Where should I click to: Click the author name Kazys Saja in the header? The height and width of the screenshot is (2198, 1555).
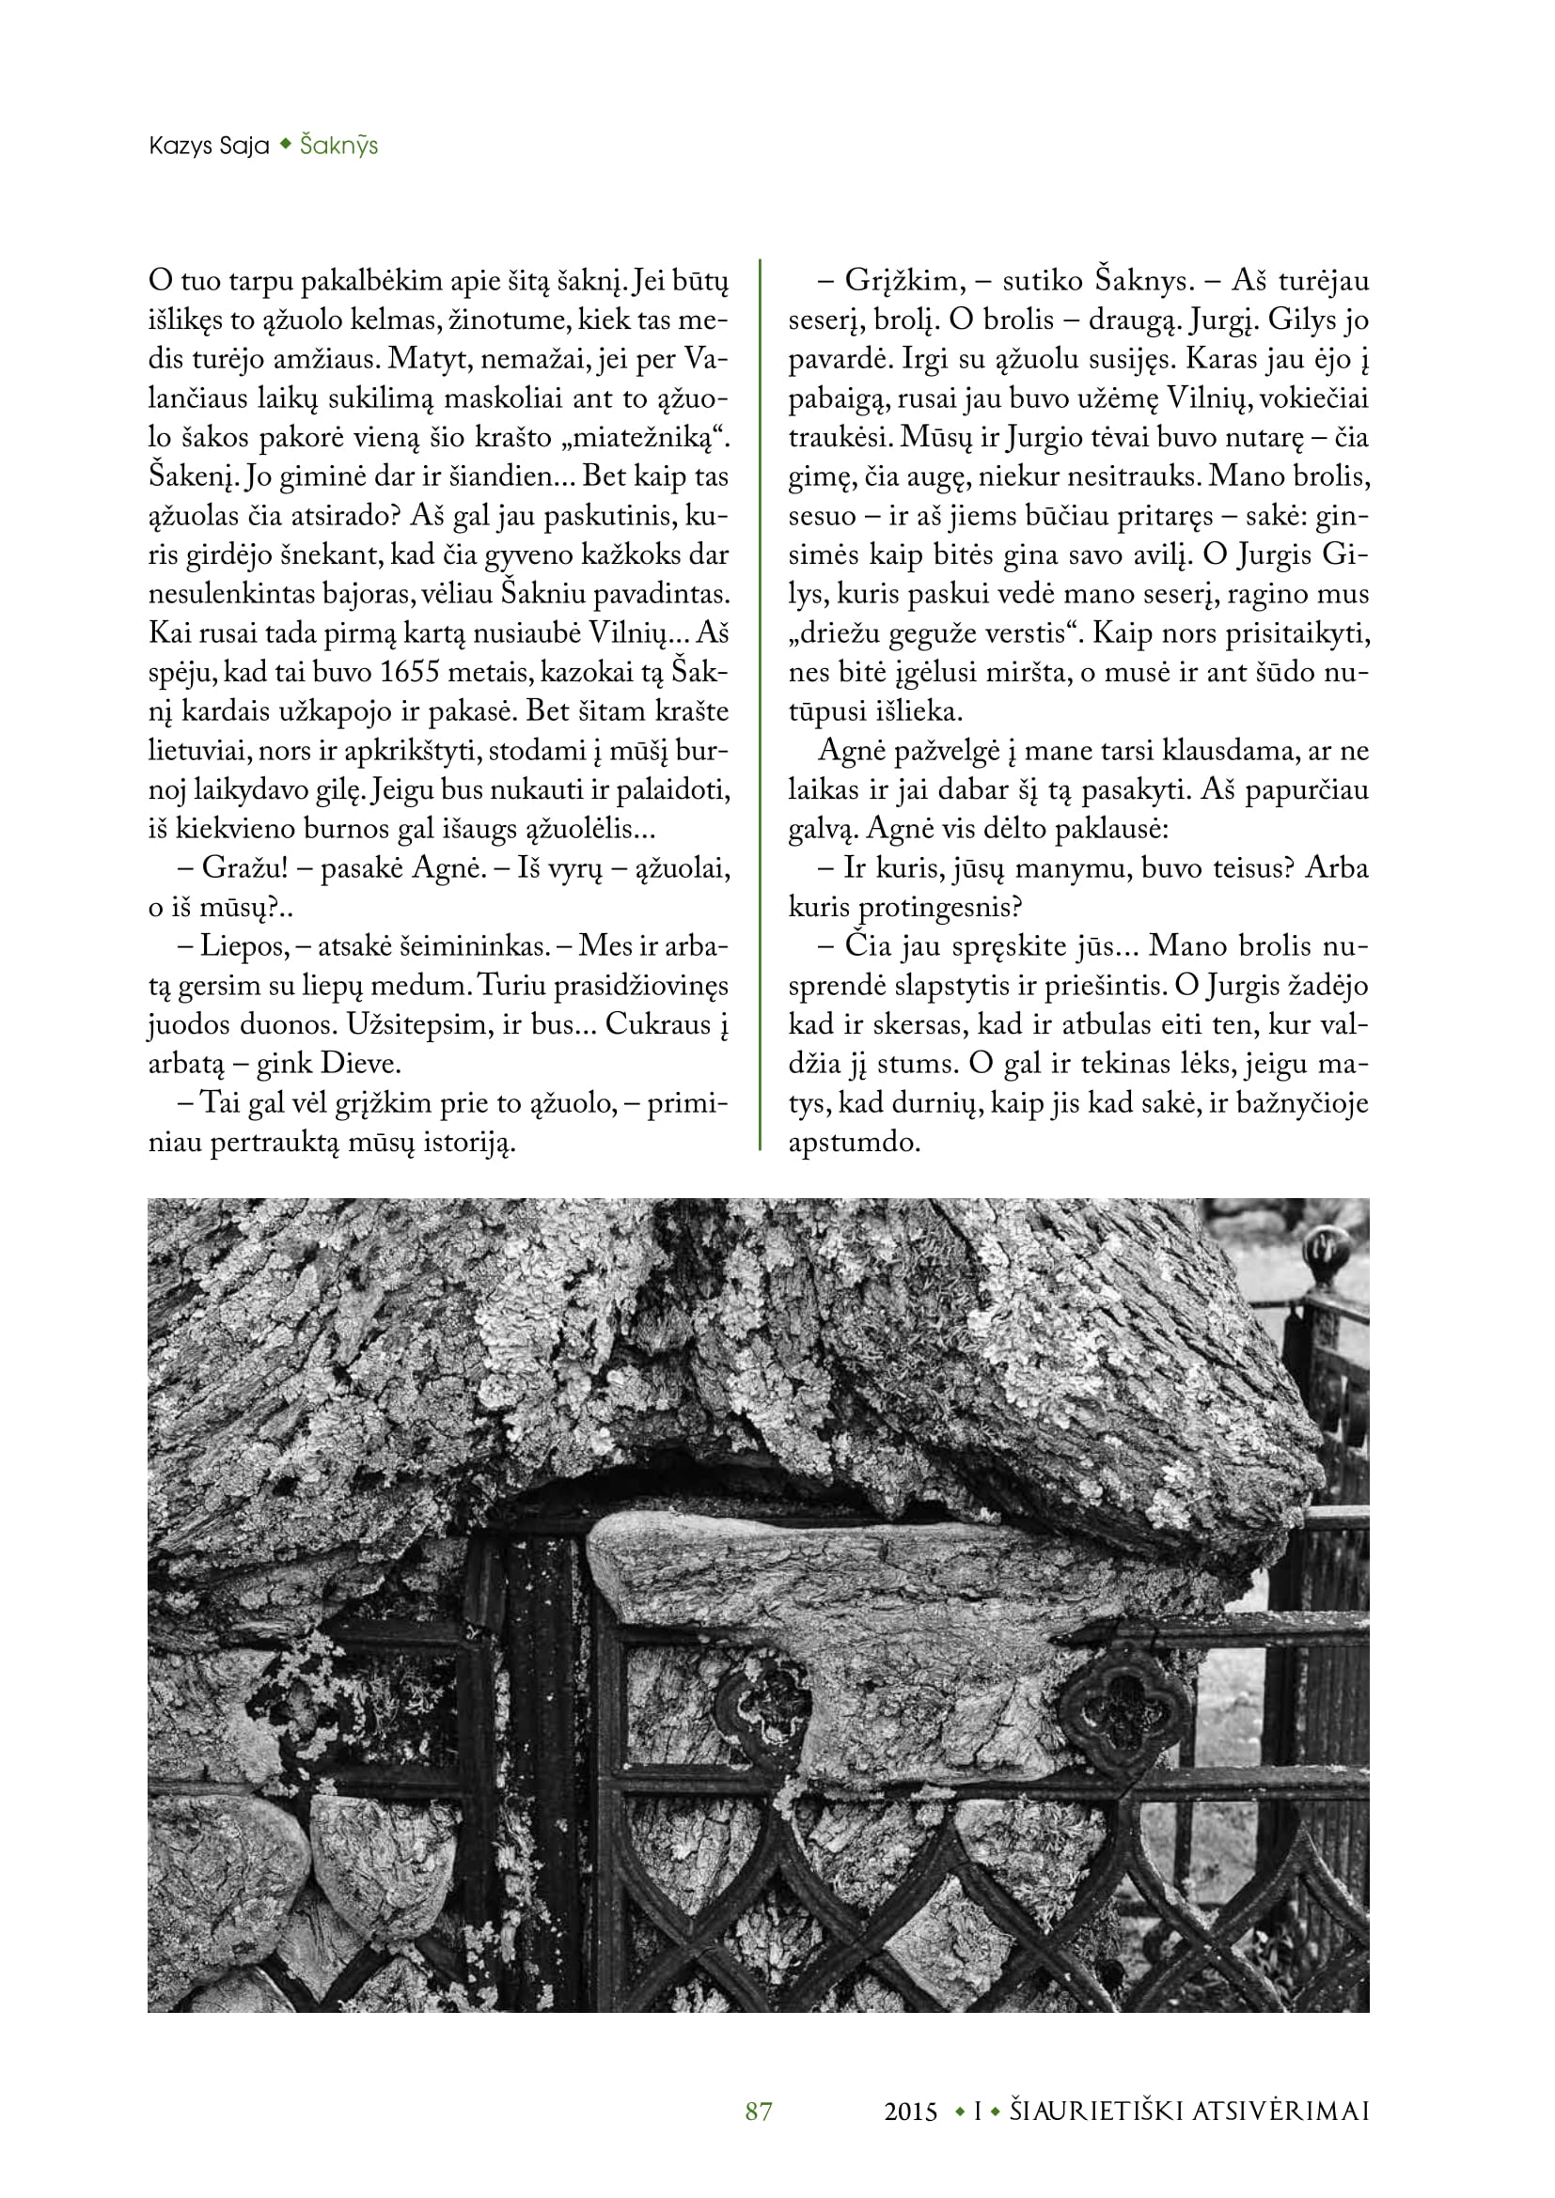point(209,146)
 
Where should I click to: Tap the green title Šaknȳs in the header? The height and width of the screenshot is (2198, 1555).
point(339,146)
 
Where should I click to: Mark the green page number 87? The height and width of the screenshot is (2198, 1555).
point(759,2111)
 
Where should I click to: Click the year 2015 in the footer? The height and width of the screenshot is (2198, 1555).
point(911,2112)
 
